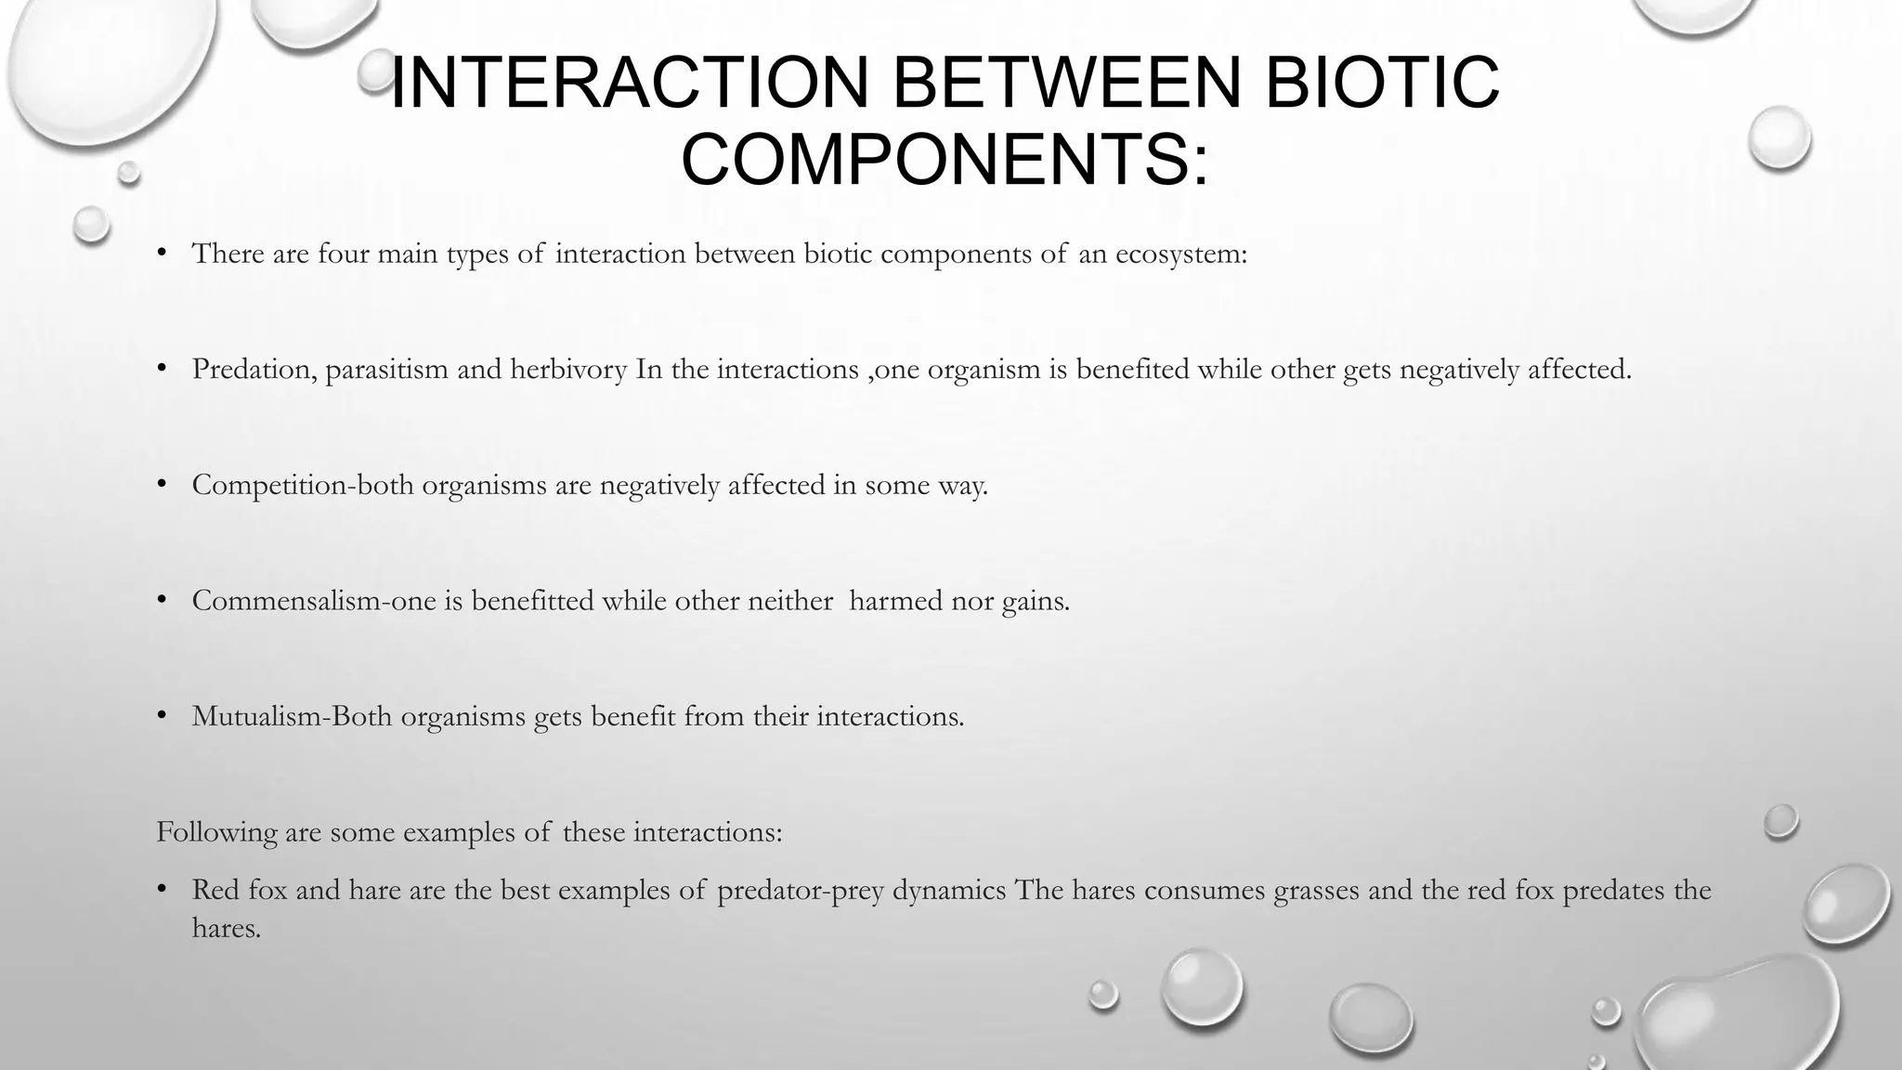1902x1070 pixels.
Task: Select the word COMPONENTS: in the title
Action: pos(944,159)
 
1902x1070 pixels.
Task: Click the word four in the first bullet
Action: pos(343,254)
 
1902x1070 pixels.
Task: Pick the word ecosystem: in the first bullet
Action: pos(1180,254)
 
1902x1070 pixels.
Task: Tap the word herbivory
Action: pos(568,370)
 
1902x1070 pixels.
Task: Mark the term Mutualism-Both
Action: pos(292,716)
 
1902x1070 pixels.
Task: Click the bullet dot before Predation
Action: pos(162,369)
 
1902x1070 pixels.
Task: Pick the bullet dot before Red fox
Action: pos(162,889)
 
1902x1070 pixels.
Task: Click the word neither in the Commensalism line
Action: pos(791,601)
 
